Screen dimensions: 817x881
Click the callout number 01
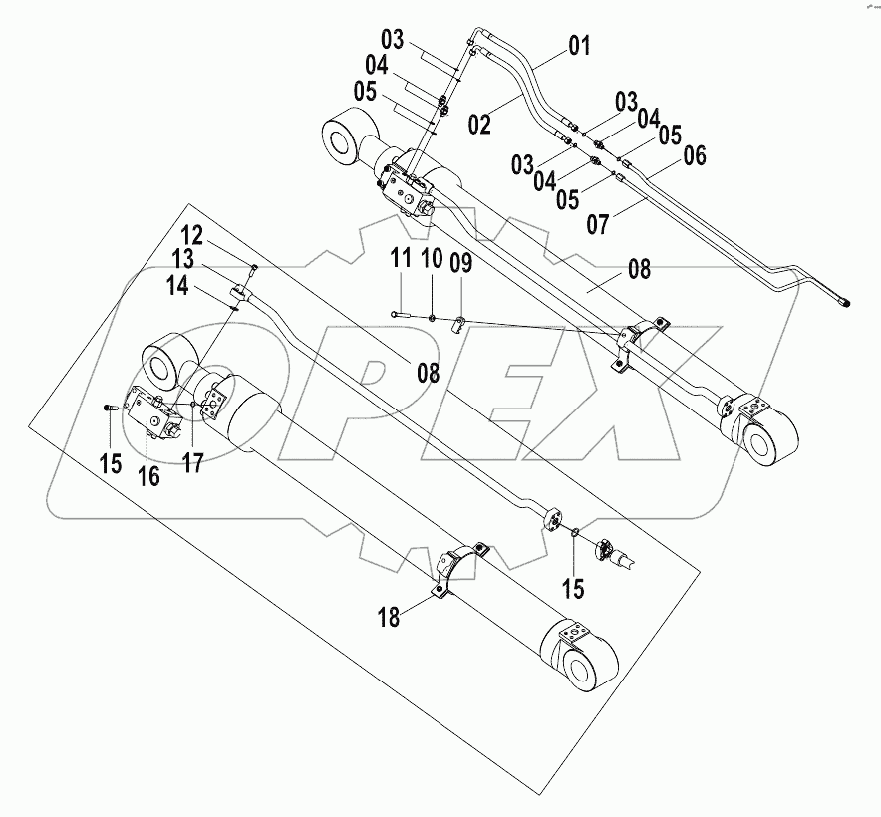pyautogui.click(x=579, y=45)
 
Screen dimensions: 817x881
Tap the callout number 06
pyautogui.click(x=694, y=155)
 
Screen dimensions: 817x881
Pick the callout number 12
pyautogui.click(x=191, y=237)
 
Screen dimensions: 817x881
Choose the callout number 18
pyautogui.click(x=389, y=618)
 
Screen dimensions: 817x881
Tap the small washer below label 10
pyautogui.click(x=432, y=318)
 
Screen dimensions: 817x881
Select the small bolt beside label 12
pyautogui.click(x=253, y=268)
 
